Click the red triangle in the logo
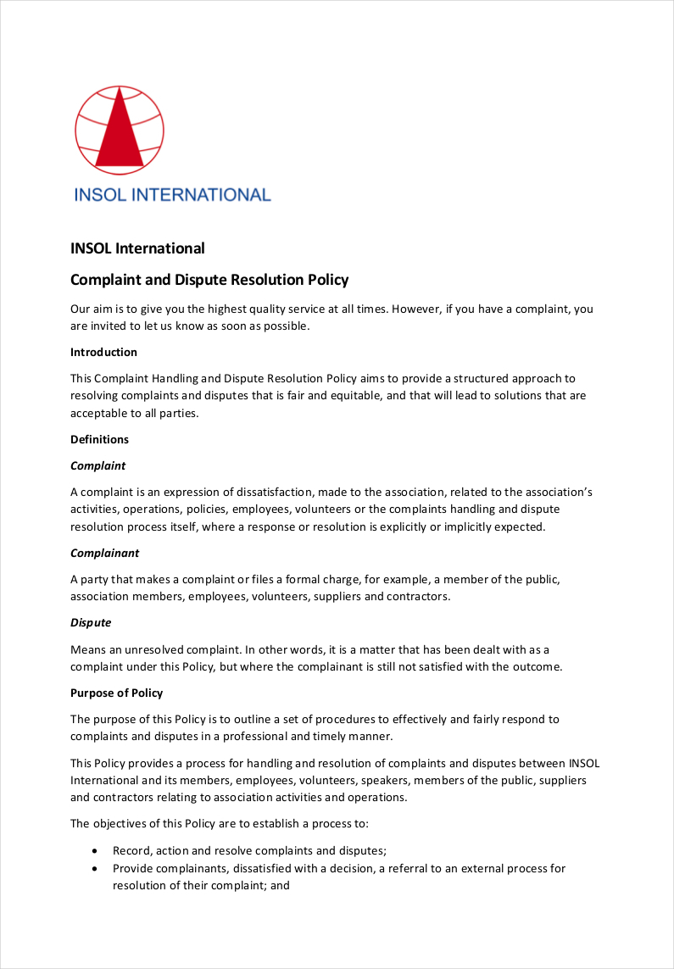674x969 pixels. pos(119,136)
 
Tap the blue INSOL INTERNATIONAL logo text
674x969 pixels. pos(172,195)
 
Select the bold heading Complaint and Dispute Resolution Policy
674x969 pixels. pos(209,280)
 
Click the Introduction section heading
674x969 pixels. pos(103,352)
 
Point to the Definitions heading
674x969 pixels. pos(99,439)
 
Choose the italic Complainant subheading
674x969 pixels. pos(104,553)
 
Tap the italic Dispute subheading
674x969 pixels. pos(91,622)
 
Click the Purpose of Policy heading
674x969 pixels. pos(117,693)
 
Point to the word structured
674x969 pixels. pos(476,378)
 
